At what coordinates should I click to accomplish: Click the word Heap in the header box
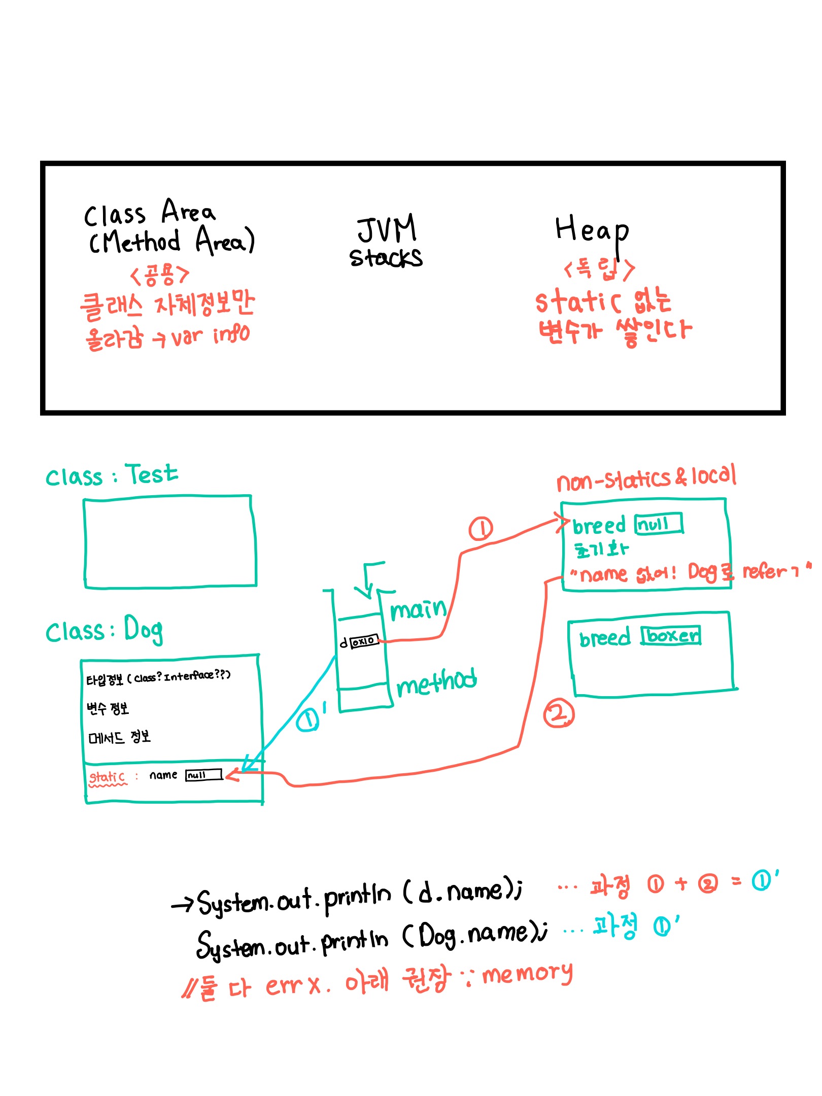click(x=592, y=231)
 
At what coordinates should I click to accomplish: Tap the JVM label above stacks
click(x=387, y=229)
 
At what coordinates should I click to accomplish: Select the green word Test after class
click(x=152, y=475)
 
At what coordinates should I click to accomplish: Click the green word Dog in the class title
click(x=144, y=630)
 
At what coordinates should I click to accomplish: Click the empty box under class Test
click(x=170, y=542)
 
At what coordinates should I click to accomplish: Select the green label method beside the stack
click(x=436, y=683)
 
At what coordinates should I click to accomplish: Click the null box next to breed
click(x=659, y=524)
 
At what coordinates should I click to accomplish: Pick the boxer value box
click(x=671, y=635)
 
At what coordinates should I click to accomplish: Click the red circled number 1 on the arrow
click(x=480, y=529)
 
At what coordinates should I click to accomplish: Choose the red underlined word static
click(x=107, y=777)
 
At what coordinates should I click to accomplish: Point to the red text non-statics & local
click(x=646, y=478)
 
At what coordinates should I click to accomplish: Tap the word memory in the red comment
click(x=527, y=974)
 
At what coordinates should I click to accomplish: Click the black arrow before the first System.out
click(x=183, y=904)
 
